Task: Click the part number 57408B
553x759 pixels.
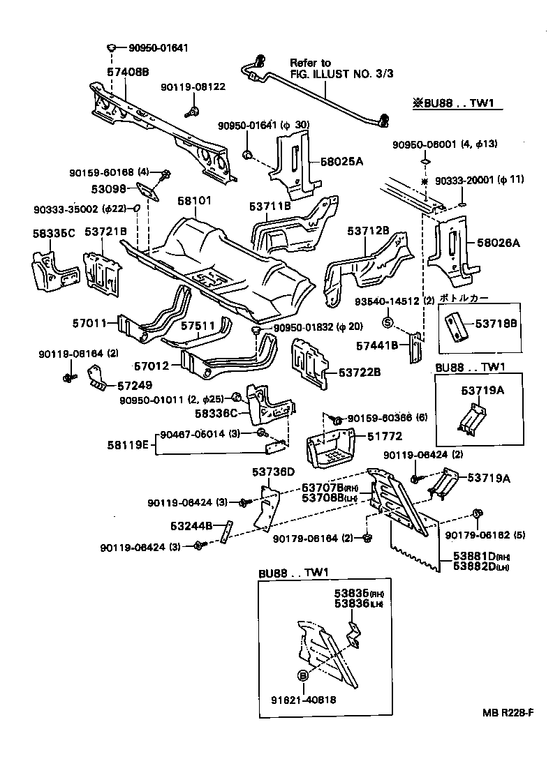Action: click(x=128, y=71)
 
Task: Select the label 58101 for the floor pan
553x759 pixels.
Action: click(x=193, y=201)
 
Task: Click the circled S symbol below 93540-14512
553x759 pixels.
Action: click(x=389, y=322)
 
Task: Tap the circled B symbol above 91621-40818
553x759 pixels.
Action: click(x=303, y=675)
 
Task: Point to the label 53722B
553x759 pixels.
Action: click(x=357, y=372)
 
